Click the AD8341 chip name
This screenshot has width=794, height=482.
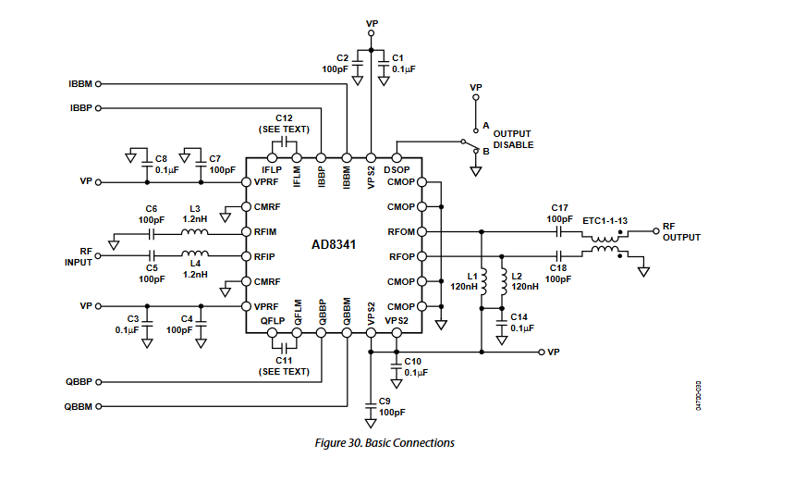(x=335, y=245)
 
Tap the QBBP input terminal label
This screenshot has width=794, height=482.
(x=79, y=381)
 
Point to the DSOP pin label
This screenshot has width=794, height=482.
(x=397, y=169)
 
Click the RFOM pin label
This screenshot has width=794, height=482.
(x=401, y=231)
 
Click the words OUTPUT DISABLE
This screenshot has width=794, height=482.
(x=513, y=139)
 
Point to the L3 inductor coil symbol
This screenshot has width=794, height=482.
(x=195, y=231)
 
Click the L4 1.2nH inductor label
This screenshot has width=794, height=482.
(x=194, y=268)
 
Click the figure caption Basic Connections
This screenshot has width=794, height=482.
(x=385, y=443)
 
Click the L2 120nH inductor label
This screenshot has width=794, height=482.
(x=523, y=282)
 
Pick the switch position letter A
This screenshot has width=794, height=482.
(x=485, y=125)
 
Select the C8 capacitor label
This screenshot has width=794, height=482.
(x=166, y=165)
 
